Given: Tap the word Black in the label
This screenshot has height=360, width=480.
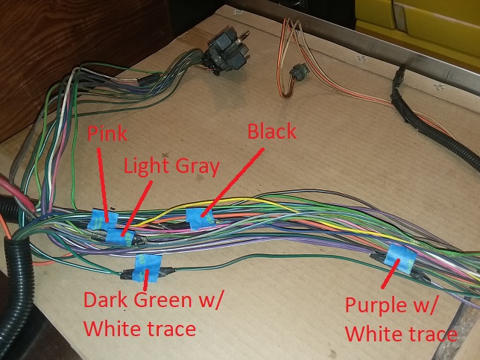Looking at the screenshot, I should point(272,132).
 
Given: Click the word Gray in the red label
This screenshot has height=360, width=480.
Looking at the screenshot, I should point(198,165).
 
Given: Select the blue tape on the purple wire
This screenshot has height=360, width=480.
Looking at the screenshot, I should point(400,256).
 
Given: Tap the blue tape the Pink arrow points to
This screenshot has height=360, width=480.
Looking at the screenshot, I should point(99,219).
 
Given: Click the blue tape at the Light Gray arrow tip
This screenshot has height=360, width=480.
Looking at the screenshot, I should point(119,237).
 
